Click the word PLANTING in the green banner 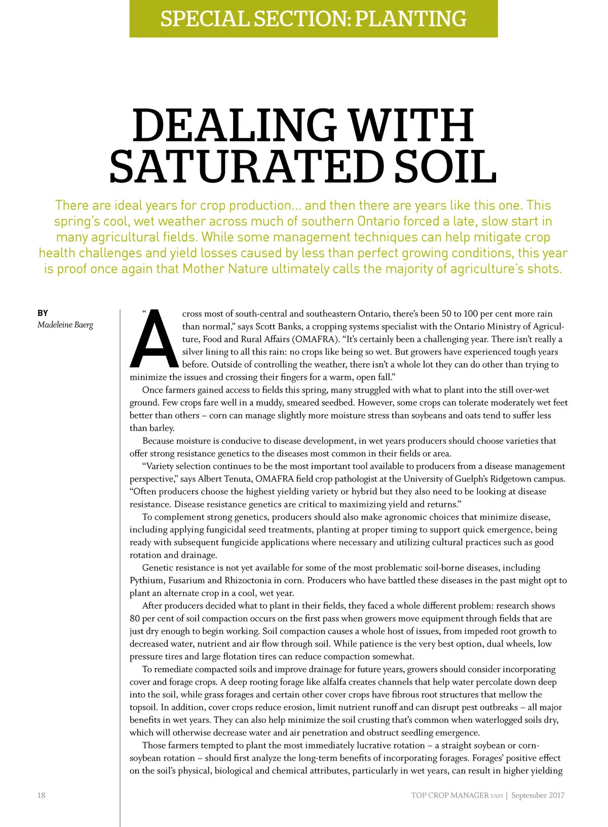tap(410, 19)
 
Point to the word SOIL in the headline tap(445, 168)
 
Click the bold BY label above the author tap(43, 313)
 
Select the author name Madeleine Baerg tap(65, 325)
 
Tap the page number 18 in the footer tap(41, 795)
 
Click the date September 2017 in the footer tap(538, 795)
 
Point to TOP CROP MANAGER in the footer tap(450, 795)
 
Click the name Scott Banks tap(279, 327)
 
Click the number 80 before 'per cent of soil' tap(135, 619)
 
